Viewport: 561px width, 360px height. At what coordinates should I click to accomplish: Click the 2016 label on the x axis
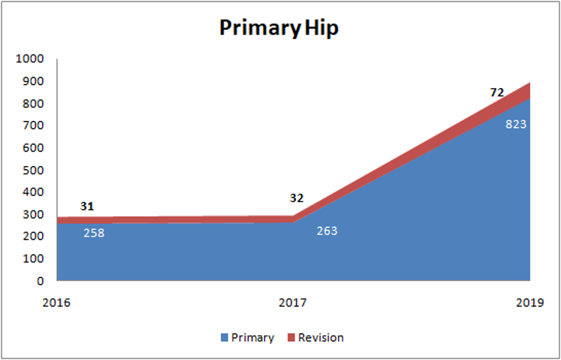coord(57,303)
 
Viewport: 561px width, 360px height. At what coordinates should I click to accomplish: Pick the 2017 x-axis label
coord(293,303)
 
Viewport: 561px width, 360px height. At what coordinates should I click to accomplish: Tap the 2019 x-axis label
coord(530,303)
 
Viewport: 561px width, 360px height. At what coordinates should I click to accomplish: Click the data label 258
coord(94,233)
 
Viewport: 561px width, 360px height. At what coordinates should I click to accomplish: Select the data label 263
coord(327,231)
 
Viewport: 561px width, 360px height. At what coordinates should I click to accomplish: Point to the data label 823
coord(516,124)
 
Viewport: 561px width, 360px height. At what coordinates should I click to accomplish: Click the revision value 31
coord(86,207)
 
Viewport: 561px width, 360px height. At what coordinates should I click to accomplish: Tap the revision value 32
coord(297,198)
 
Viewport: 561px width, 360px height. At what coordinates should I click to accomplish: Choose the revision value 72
coord(497,92)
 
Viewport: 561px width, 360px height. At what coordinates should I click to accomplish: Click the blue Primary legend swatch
coord(224,337)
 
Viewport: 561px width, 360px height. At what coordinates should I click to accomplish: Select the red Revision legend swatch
coord(292,337)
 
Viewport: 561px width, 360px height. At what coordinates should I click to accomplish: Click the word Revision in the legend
coord(321,337)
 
